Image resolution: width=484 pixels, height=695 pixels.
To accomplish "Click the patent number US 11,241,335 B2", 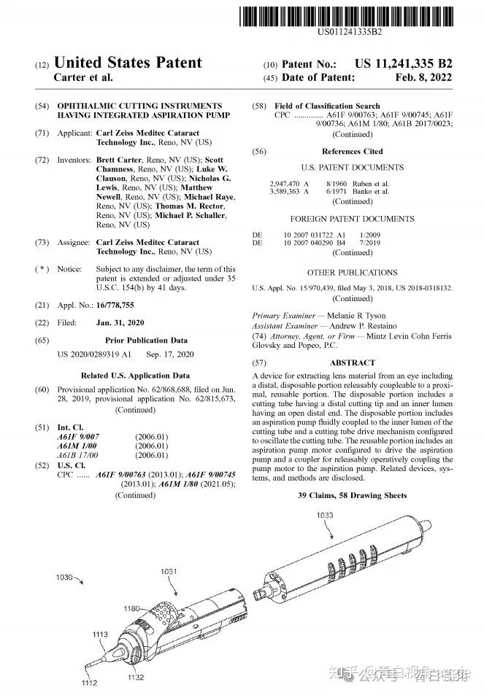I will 404,63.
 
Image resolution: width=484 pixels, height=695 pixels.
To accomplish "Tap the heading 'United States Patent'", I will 128,63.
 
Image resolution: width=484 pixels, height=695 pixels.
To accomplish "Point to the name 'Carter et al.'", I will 84,77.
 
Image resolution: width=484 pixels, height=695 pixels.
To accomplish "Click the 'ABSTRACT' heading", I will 353,362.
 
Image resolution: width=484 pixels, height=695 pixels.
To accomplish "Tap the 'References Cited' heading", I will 353,152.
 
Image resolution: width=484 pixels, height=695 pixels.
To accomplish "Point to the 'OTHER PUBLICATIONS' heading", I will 353,273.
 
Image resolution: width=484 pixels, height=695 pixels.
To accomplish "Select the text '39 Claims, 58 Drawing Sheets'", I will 353,496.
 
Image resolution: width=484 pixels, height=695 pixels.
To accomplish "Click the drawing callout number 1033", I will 326,516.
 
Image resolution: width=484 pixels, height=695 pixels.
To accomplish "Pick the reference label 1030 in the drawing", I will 65,578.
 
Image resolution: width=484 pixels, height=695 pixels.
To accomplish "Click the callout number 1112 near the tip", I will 89,683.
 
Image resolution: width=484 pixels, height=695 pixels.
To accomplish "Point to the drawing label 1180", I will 132,608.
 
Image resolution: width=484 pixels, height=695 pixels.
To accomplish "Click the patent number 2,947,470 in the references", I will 285,183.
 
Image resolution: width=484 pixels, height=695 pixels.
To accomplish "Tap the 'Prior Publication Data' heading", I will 146,340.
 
